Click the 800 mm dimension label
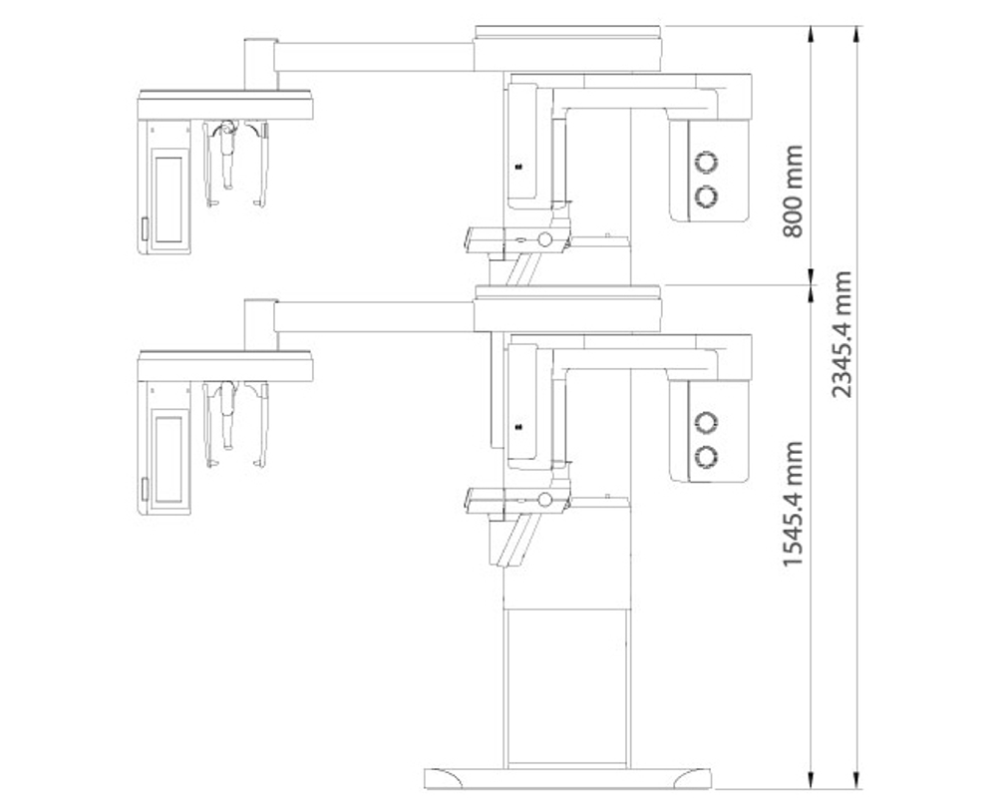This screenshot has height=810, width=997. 793,191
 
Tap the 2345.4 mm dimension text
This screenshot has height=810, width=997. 841,335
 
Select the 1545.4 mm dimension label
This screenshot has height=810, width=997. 793,504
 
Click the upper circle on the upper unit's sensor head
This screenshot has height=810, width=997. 706,162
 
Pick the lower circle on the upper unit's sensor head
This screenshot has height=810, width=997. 706,197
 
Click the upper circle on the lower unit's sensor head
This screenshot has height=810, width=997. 706,422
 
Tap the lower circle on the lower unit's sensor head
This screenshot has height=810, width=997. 706,456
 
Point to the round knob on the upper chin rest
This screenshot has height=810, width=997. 545,239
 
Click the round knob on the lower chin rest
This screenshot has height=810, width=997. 545,500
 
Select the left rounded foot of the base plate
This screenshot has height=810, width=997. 444,779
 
